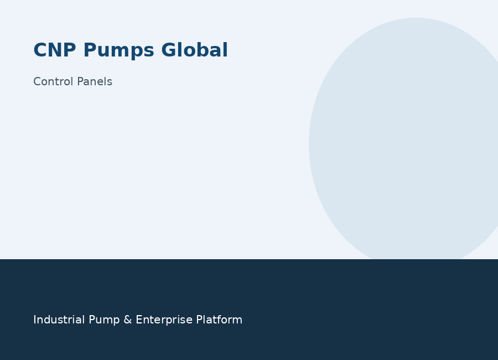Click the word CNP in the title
click(x=55, y=50)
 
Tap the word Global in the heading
click(x=194, y=50)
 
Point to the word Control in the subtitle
click(x=54, y=81)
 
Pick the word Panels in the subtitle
click(x=95, y=81)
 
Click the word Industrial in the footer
click(x=59, y=320)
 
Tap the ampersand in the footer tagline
click(x=128, y=320)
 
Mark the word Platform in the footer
click(x=219, y=320)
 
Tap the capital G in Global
click(x=169, y=50)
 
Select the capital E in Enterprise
click(x=139, y=320)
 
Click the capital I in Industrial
click(x=34, y=320)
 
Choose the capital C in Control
click(x=37, y=82)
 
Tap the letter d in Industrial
click(x=53, y=320)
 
